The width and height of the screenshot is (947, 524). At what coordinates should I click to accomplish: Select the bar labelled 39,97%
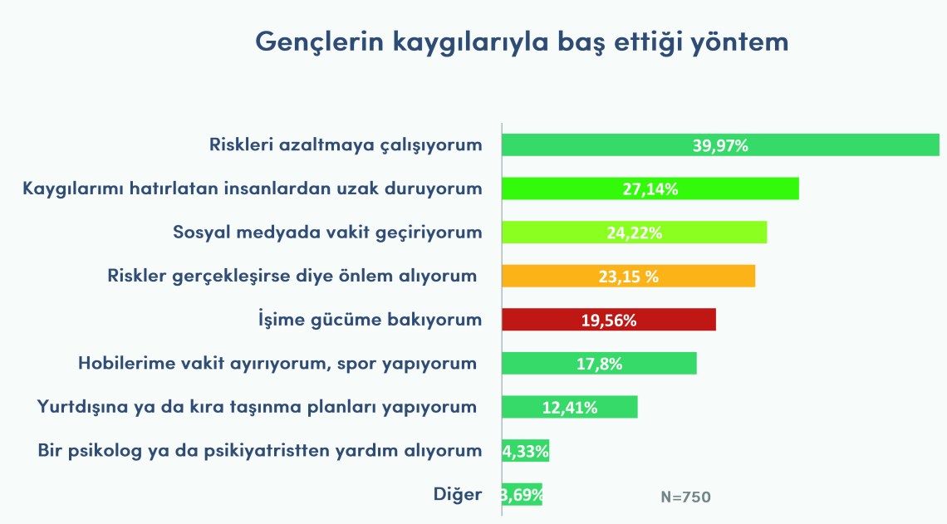[x=720, y=144]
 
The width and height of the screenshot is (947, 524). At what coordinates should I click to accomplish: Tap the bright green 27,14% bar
[x=650, y=189]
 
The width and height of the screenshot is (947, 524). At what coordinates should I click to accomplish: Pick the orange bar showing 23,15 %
[x=628, y=276]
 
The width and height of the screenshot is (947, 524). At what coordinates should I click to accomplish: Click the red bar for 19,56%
[x=609, y=320]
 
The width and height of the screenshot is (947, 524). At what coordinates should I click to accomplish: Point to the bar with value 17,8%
[x=599, y=363]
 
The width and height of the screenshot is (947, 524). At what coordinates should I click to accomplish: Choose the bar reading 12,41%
[x=570, y=407]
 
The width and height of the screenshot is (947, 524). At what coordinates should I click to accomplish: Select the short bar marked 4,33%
[x=526, y=450]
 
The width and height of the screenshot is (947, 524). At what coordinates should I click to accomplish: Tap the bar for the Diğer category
[x=522, y=494]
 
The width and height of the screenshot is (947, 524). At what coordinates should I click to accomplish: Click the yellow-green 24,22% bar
[x=634, y=233]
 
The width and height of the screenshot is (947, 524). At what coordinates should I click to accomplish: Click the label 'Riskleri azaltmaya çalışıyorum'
[x=346, y=145]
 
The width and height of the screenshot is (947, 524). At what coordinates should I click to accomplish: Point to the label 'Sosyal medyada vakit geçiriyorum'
[x=327, y=233]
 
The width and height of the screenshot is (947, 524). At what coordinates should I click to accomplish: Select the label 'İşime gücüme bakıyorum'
[x=370, y=320]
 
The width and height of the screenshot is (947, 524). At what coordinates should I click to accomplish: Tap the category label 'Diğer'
[x=458, y=494]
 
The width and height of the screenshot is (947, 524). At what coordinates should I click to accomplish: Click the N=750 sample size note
[x=685, y=497]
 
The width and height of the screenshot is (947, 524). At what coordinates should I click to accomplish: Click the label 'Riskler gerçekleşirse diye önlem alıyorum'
[x=292, y=276]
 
